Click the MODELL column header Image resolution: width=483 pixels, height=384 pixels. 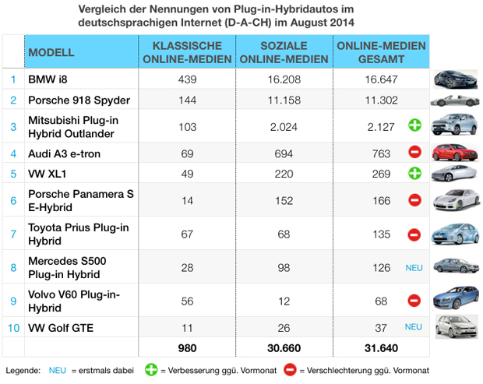(51, 52)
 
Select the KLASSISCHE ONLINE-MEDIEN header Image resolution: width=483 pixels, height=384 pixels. (186, 52)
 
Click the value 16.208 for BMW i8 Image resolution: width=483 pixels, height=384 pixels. (284, 79)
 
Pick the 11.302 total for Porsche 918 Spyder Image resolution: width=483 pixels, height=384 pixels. (381, 100)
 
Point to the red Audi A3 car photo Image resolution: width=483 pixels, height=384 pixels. (455, 152)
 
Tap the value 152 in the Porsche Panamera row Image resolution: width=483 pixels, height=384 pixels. (284, 201)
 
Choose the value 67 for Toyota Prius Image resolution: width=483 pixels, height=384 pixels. (186, 234)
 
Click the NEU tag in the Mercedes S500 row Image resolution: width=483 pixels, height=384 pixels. (414, 267)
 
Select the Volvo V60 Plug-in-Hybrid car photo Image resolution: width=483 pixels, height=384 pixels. (455, 300)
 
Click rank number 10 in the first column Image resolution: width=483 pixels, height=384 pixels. (13, 328)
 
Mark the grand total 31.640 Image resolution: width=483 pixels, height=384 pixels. (381, 347)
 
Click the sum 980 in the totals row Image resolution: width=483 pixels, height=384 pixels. (186, 347)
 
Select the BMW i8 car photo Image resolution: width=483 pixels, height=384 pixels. (455, 79)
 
